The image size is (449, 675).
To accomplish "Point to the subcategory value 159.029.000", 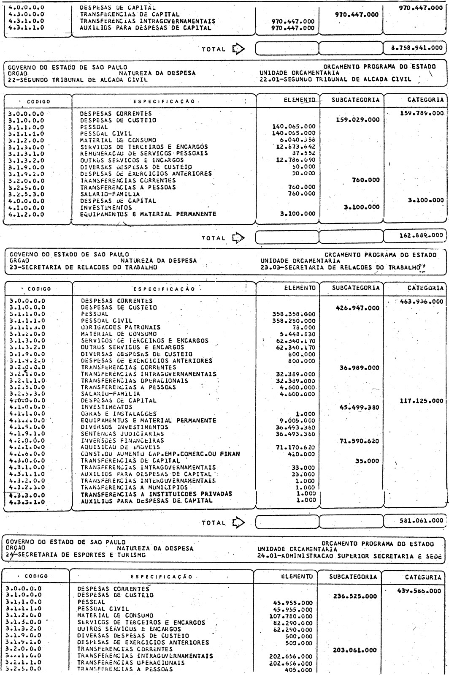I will pyautogui.click(x=357, y=120).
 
